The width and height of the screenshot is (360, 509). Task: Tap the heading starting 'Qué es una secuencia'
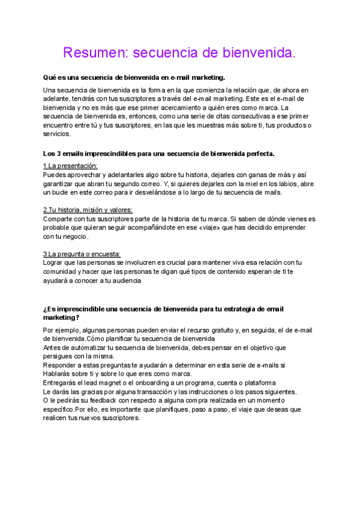pos(134,77)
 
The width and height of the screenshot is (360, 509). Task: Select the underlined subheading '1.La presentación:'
pos(70,166)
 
